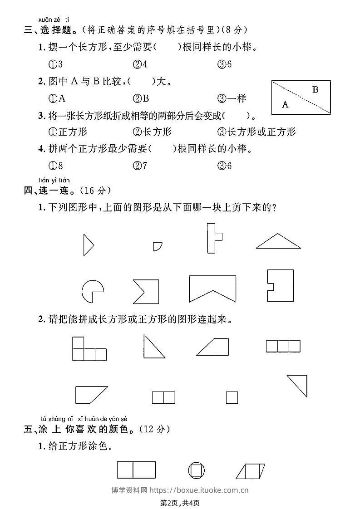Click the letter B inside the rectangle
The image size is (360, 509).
tap(316, 89)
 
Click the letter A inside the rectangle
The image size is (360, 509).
tap(285, 105)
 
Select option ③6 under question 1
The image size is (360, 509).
tap(225, 64)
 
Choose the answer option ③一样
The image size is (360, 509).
tap(232, 98)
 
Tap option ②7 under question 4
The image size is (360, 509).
tap(140, 166)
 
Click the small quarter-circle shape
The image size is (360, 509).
tap(157, 246)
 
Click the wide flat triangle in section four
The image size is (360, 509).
tap(278, 242)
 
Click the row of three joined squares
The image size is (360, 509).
tap(283, 346)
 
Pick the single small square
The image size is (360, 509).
tap(232, 397)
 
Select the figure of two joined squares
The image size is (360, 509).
tap(163, 397)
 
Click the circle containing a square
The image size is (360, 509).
tap(196, 470)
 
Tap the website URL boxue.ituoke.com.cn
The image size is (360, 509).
tap(199, 490)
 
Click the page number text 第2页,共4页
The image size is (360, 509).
tap(180, 502)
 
